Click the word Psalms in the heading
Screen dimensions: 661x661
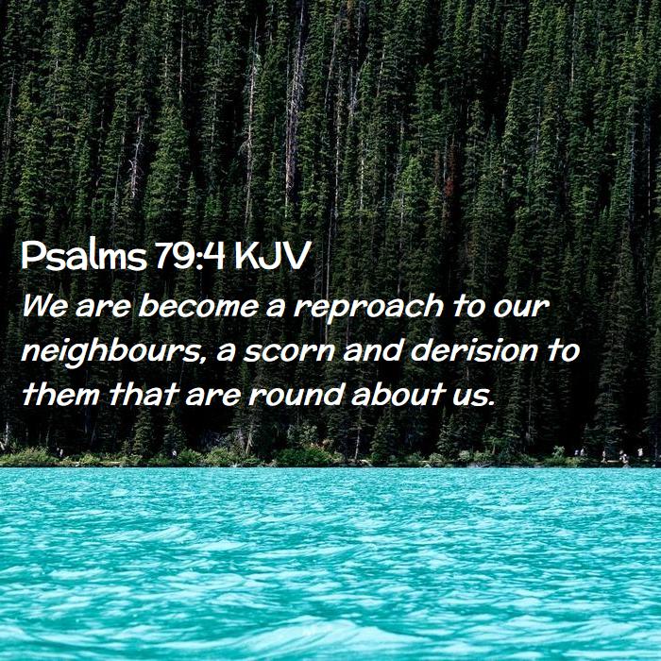pyautogui.click(x=83, y=256)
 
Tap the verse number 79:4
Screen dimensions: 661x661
pyautogui.click(x=190, y=256)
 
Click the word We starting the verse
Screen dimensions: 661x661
pyautogui.click(x=44, y=306)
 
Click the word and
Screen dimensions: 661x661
pyautogui.click(x=373, y=350)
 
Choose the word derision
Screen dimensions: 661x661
pyautogui.click(x=474, y=350)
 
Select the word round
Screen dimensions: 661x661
pyautogui.click(x=295, y=395)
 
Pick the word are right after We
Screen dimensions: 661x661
pyautogui.click(x=102, y=308)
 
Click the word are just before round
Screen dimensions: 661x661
pyautogui.click(x=212, y=398)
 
